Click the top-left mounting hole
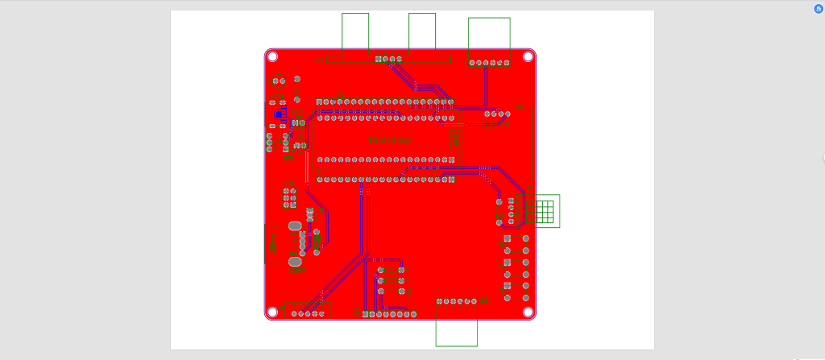272,56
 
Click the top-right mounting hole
529,56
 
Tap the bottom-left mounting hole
272,312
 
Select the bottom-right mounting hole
529,312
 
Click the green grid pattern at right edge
546,211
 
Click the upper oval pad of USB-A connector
294,226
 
